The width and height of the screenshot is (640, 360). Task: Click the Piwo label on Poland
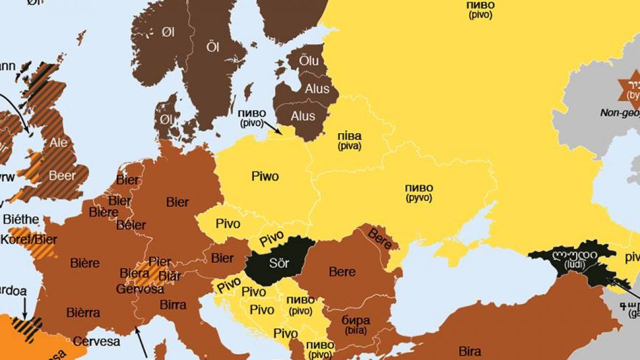[x=265, y=177]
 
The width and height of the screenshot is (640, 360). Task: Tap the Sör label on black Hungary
[x=278, y=263]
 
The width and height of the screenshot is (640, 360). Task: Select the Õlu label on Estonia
[x=309, y=61]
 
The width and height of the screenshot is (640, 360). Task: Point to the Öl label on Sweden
[x=213, y=47]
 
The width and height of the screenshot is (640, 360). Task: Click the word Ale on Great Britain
[x=59, y=143]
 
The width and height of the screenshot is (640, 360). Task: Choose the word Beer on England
[x=62, y=175]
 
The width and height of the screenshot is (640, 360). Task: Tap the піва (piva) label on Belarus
[x=349, y=141]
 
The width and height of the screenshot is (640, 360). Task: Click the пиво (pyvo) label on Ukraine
[x=419, y=193]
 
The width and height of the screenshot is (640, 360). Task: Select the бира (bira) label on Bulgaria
[x=355, y=325]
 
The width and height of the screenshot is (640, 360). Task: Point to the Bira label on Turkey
[x=469, y=351]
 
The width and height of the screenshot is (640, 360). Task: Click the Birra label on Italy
[x=173, y=305]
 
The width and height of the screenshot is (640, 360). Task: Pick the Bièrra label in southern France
[x=84, y=313]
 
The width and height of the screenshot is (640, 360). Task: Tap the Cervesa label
[x=97, y=341]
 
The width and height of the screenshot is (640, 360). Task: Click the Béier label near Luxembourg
[x=131, y=225]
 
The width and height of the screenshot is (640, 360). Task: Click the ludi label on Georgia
[x=569, y=260]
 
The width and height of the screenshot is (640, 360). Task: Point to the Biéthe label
[x=21, y=219]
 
